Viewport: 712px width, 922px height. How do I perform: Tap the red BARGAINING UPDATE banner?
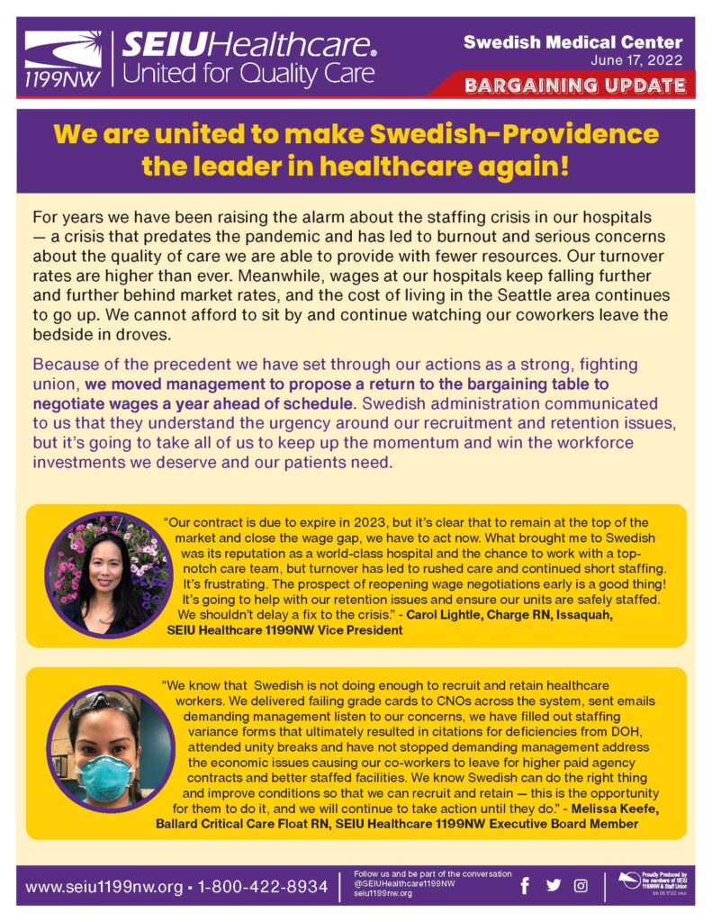574,86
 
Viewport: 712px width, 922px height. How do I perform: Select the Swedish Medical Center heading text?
572,42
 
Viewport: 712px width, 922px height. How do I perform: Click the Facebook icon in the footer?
525,886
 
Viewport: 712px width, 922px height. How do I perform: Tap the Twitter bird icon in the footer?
553,886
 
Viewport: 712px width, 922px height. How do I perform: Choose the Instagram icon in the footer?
581,886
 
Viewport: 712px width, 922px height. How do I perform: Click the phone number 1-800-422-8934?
262,887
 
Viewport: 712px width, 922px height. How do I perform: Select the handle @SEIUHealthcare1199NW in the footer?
404,883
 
